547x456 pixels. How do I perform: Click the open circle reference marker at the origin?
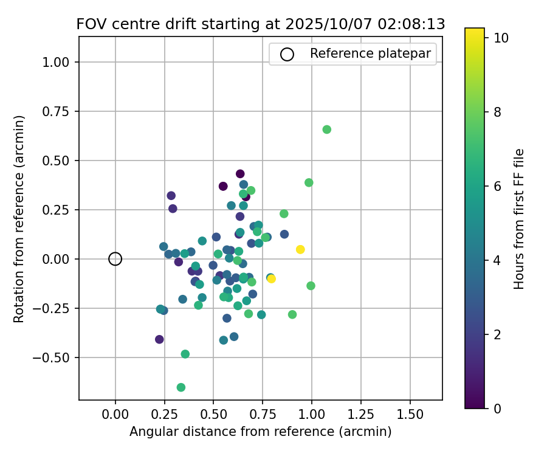tap(115, 259)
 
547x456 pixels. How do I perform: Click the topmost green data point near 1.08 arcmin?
tap(327, 130)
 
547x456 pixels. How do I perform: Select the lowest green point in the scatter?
tap(181, 387)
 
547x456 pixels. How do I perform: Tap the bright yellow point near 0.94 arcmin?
tap(300, 249)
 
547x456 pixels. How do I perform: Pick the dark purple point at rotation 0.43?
tap(240, 174)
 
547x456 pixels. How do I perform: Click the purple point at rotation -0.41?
tap(159, 339)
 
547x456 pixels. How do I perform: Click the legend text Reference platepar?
tap(370, 54)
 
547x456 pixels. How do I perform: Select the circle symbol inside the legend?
tap(287, 54)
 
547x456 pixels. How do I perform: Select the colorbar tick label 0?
tap(498, 408)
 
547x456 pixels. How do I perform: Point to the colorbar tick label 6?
tap(498, 186)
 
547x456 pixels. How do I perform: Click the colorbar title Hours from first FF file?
tap(519, 219)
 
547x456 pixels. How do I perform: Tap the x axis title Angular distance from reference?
tap(260, 432)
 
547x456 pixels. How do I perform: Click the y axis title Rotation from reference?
tap(20, 219)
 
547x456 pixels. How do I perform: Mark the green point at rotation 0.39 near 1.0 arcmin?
tap(309, 182)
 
